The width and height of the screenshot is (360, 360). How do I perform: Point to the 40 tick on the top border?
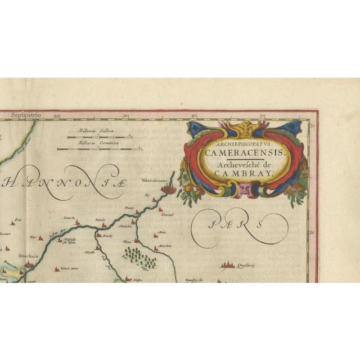coord(193,115)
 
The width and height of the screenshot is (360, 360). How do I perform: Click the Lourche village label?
coord(69,216)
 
